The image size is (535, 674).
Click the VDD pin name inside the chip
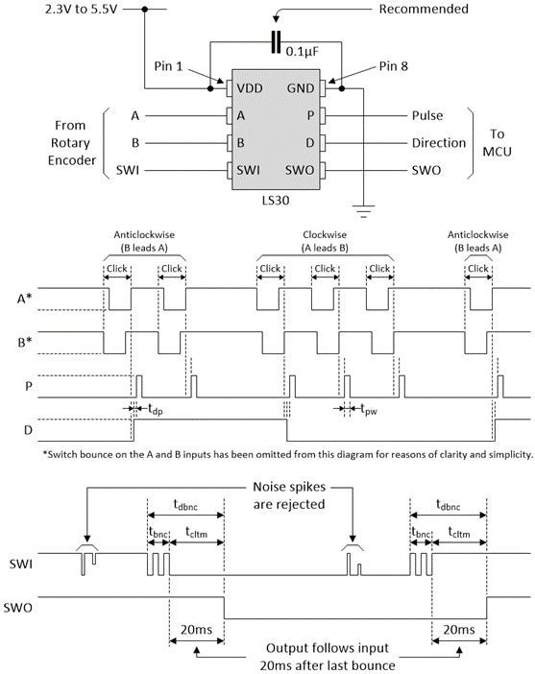click(x=253, y=89)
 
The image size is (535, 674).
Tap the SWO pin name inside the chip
click(x=301, y=171)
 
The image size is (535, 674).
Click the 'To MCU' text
click(x=500, y=143)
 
